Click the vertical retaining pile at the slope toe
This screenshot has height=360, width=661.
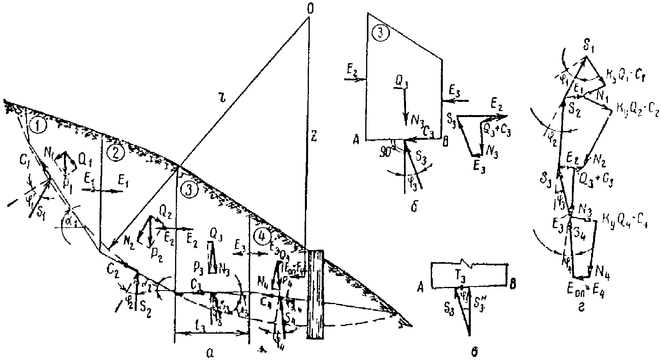click(316, 294)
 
